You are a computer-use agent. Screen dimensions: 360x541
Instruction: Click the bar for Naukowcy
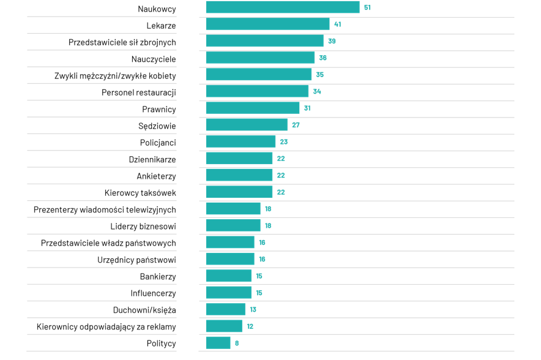[x=282, y=7]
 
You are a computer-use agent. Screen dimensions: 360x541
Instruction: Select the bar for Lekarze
[x=267, y=24]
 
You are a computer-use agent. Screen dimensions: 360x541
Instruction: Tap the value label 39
[x=332, y=41]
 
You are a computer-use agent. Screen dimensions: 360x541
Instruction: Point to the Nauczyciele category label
[x=154, y=59]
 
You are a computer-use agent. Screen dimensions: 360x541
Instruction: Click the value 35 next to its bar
[x=319, y=75]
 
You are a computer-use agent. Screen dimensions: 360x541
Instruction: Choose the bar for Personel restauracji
[x=257, y=91]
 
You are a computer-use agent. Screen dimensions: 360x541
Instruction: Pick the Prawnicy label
[x=159, y=110]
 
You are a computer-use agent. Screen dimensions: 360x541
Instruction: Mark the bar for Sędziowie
[x=247, y=125]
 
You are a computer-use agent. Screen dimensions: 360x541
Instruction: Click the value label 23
[x=283, y=142]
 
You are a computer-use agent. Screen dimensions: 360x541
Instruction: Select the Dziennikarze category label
[x=152, y=160]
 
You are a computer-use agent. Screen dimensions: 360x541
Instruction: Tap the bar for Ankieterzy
[x=239, y=175]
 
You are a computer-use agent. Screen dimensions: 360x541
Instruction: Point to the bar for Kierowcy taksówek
[x=239, y=192]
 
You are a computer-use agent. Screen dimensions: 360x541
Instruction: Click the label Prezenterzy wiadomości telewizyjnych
[x=105, y=210]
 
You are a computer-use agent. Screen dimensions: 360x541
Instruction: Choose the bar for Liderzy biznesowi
[x=233, y=225]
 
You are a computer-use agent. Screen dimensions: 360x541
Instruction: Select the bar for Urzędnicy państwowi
[x=230, y=259]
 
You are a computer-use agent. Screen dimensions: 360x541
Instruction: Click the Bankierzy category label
[x=158, y=277]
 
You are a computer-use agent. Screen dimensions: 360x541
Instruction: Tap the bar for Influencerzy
[x=228, y=293]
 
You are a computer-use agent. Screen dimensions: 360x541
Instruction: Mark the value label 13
[x=253, y=310]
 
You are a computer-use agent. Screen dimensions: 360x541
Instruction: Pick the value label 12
[x=250, y=326]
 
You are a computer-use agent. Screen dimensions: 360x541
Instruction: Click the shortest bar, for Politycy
[x=218, y=343]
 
